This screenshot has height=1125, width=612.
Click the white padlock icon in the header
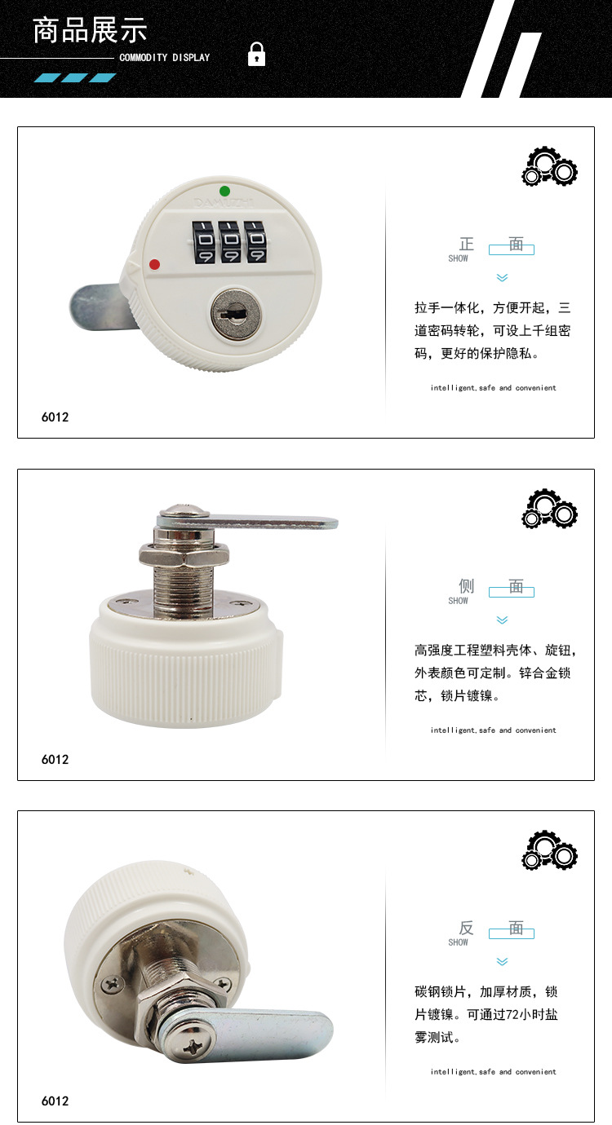[256, 55]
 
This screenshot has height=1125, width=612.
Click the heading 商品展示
[90, 29]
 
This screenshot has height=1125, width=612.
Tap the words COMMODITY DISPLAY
[165, 57]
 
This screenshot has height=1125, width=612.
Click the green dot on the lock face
[224, 191]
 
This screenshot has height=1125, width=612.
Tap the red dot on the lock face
[154, 264]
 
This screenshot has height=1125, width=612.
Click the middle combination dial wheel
[231, 242]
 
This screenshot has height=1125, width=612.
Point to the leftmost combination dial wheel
[204, 242]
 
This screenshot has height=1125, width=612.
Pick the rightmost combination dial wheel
[256, 241]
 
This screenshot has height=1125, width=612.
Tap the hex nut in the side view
[184, 554]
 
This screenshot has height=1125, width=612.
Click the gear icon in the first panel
[550, 166]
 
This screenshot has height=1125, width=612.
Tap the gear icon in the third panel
[550, 849]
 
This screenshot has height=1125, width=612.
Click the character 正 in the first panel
[467, 244]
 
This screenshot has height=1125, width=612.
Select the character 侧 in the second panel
[467, 586]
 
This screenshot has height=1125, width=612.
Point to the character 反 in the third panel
[467, 928]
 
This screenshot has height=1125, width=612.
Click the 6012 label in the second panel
[55, 760]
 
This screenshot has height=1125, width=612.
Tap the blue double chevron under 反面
[502, 962]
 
